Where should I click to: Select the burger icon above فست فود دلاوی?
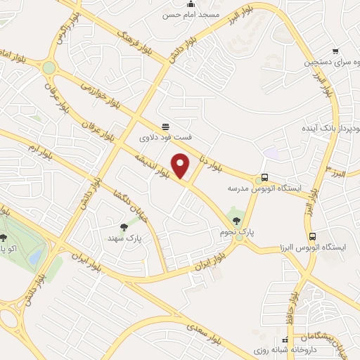pyautogui.click(x=165, y=127)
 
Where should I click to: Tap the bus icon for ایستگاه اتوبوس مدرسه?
pyautogui.click(x=264, y=178)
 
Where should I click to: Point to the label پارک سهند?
pyautogui.click(x=124, y=238)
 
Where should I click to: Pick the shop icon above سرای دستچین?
pyautogui.click(x=335, y=51)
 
